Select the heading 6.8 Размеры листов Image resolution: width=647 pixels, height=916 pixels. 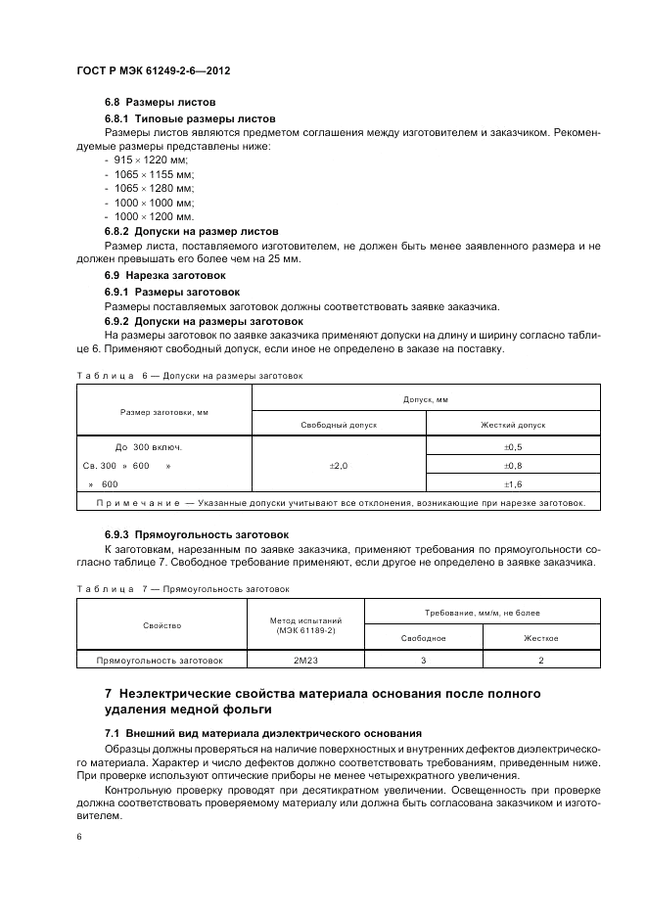pyautogui.click(x=161, y=103)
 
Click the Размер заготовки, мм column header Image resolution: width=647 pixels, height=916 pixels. pyautogui.click(x=164, y=412)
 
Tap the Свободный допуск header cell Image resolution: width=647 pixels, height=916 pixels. pyautogui.click(x=339, y=426)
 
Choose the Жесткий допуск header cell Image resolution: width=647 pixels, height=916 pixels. pyautogui.click(x=513, y=426)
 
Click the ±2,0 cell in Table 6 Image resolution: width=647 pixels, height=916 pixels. pyautogui.click(x=339, y=466)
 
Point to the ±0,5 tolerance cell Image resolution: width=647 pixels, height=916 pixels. pyautogui.click(x=513, y=447)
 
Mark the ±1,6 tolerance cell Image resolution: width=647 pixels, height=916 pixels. pyautogui.click(x=513, y=484)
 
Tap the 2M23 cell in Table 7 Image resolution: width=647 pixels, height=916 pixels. pyautogui.click(x=304, y=661)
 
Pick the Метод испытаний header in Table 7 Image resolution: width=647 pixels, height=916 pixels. pyautogui.click(x=304, y=624)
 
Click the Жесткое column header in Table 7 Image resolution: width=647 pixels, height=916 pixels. pyautogui.click(x=540, y=638)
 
